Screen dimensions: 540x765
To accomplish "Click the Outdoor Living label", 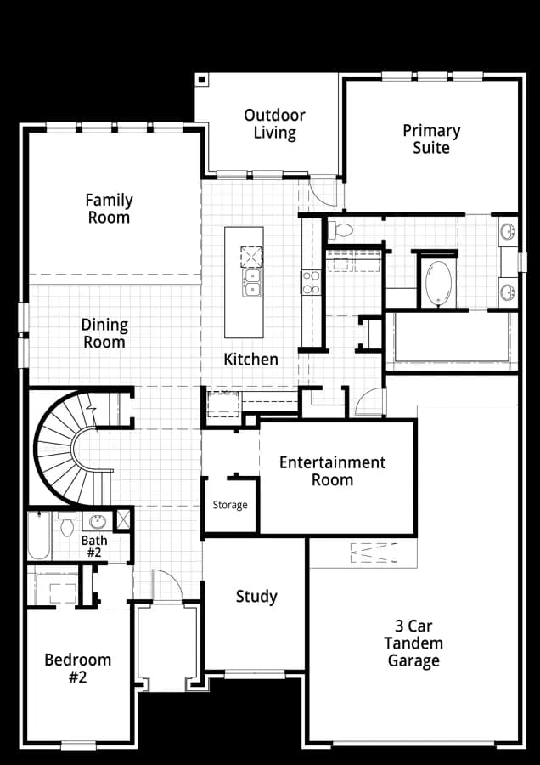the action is pos(274,124).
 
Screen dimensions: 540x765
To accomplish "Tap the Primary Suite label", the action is pos(431,139).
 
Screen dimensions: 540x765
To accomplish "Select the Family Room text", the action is pos(109,208).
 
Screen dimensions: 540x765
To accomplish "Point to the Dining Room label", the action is pos(104,333).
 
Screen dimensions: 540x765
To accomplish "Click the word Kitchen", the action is pos(250,360).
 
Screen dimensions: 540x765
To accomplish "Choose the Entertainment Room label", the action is pos(332,471).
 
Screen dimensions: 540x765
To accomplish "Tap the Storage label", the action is pos(230,505).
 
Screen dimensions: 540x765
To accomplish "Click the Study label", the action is pos(256,597).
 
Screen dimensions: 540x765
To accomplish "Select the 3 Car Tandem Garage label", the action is pos(413,643).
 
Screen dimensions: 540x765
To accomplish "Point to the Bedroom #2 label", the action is pos(78,668).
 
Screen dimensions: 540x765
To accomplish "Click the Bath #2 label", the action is pos(94,547).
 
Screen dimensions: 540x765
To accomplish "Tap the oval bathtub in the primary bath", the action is pos(437,284).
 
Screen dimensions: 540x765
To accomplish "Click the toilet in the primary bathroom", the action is pos(340,230).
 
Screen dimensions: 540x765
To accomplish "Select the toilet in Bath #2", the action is pos(67,524).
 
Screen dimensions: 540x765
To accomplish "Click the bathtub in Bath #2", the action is pos(39,535).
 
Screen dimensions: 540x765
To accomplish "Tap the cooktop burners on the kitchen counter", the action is pos(311,283).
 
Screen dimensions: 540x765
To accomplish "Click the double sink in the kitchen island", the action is pos(251,283).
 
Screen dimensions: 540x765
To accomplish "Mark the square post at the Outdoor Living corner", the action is pos(202,79).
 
